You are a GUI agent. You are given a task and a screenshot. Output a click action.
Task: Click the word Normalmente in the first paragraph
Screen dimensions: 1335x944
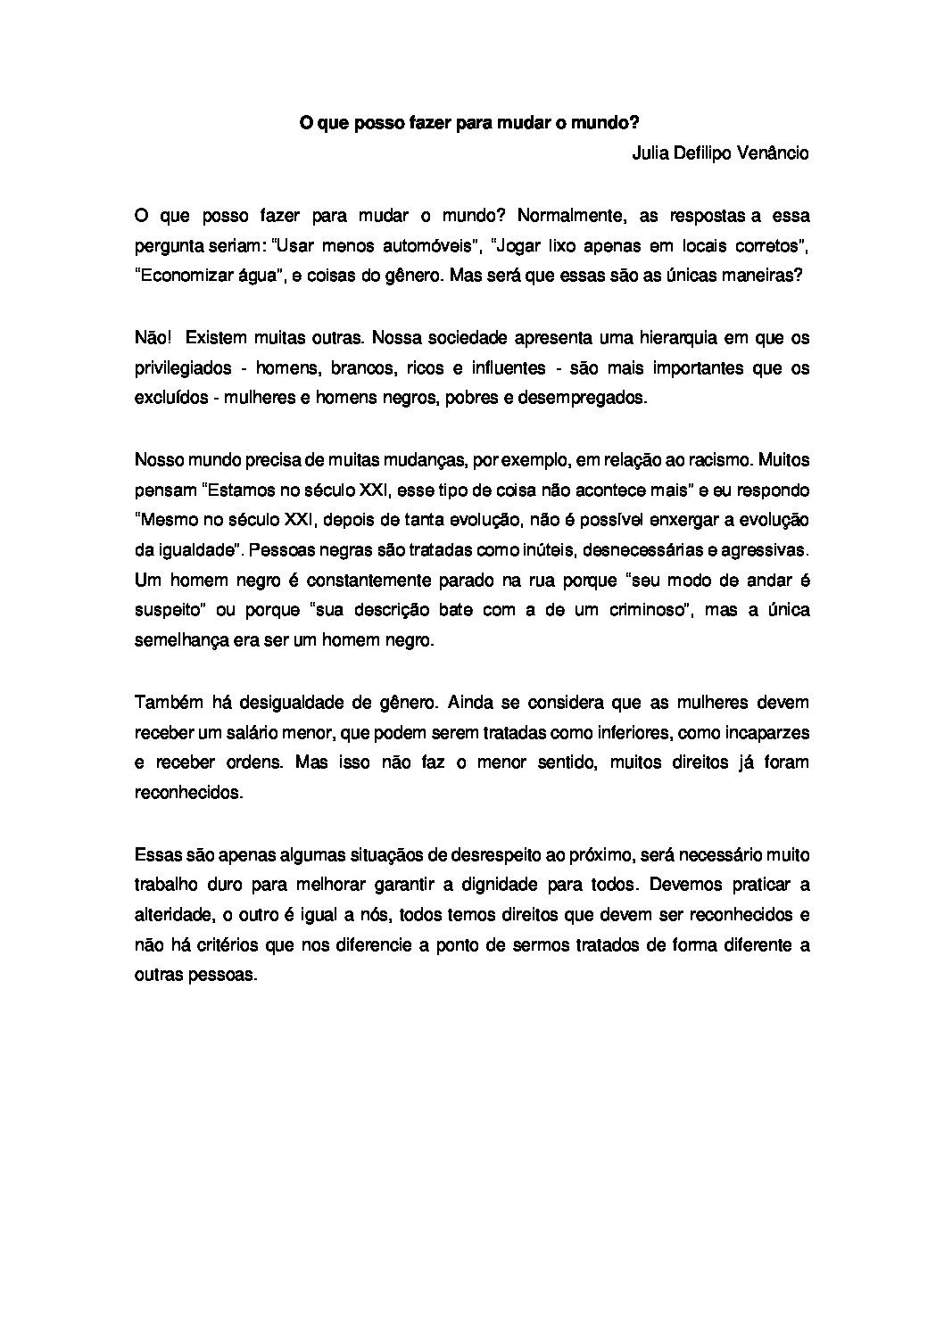click(569, 216)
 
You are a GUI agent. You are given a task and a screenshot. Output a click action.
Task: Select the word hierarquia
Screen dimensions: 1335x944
click(681, 338)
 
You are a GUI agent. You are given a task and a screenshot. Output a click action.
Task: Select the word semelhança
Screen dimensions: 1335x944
click(178, 641)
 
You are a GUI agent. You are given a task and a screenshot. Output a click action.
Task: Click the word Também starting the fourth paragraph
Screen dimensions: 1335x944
click(166, 702)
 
